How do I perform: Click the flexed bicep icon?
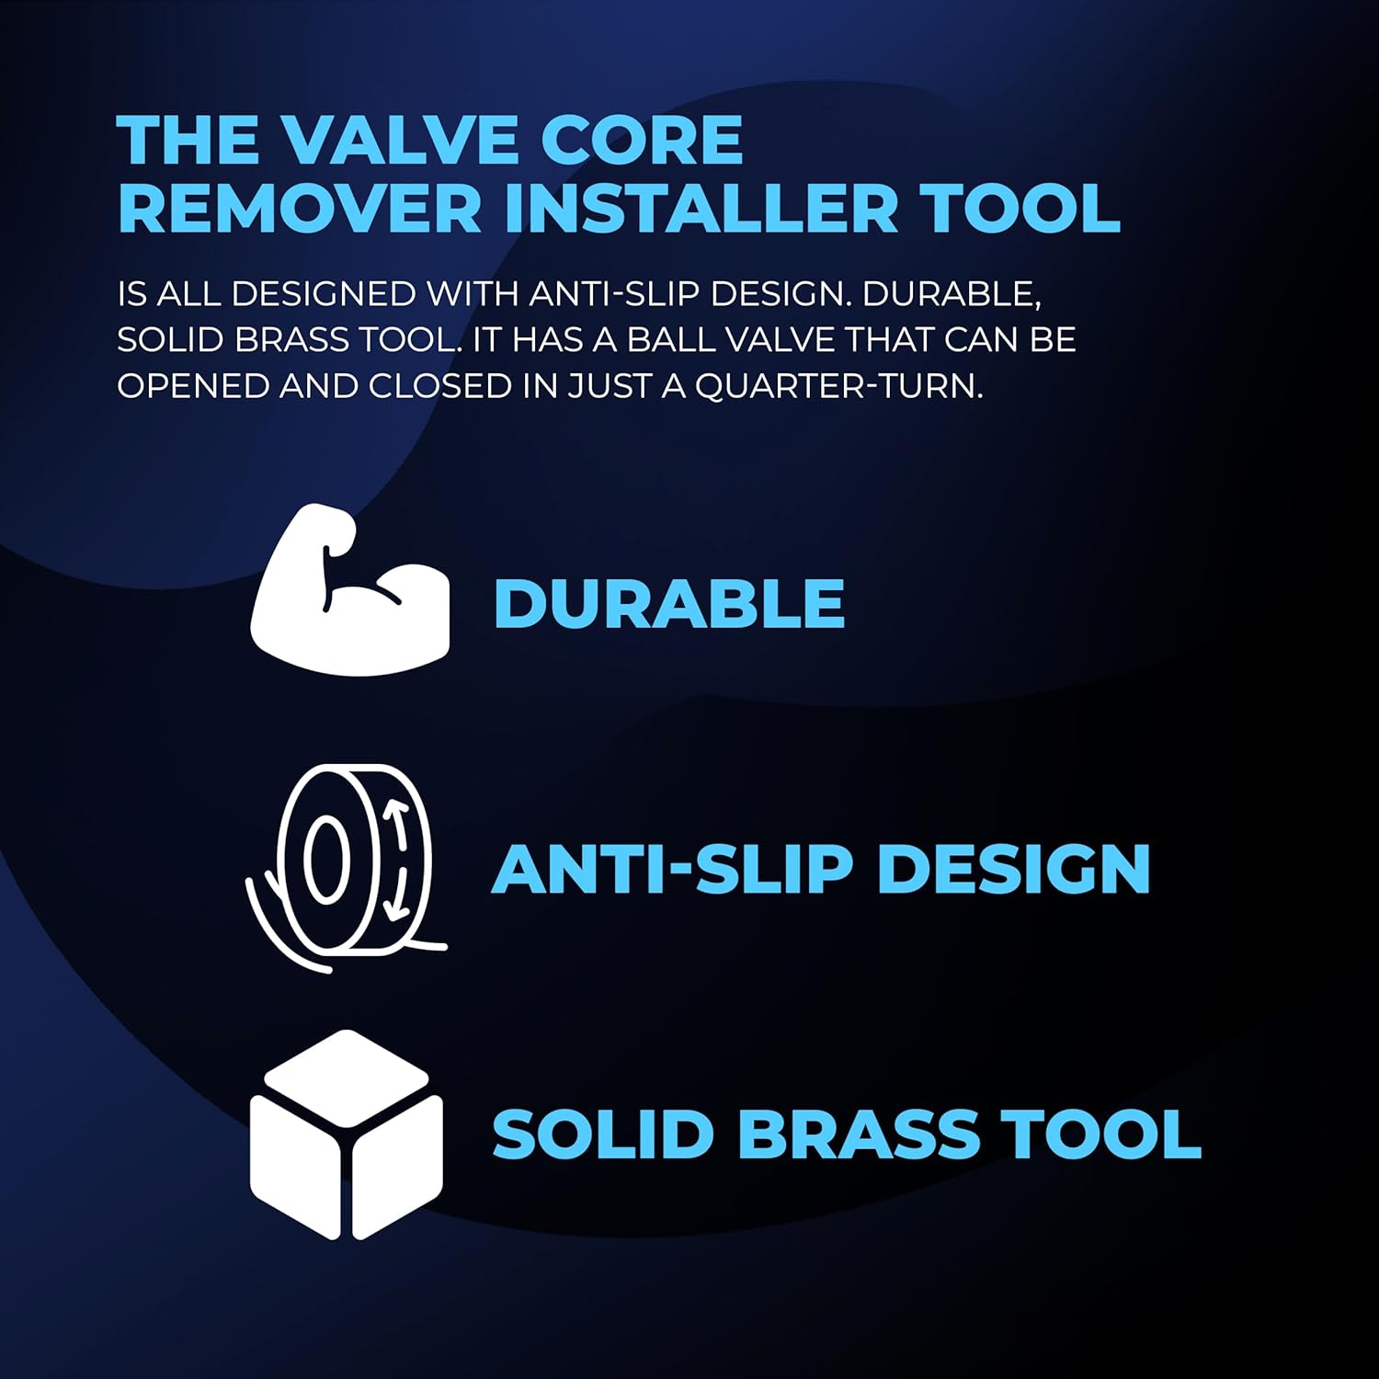pos(349,590)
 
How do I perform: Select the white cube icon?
pos(346,1134)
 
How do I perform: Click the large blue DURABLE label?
pos(668,604)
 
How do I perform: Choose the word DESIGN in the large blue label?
pos(1013,869)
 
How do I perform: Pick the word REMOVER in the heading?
pos(299,209)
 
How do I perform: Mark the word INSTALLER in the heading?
pos(701,209)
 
